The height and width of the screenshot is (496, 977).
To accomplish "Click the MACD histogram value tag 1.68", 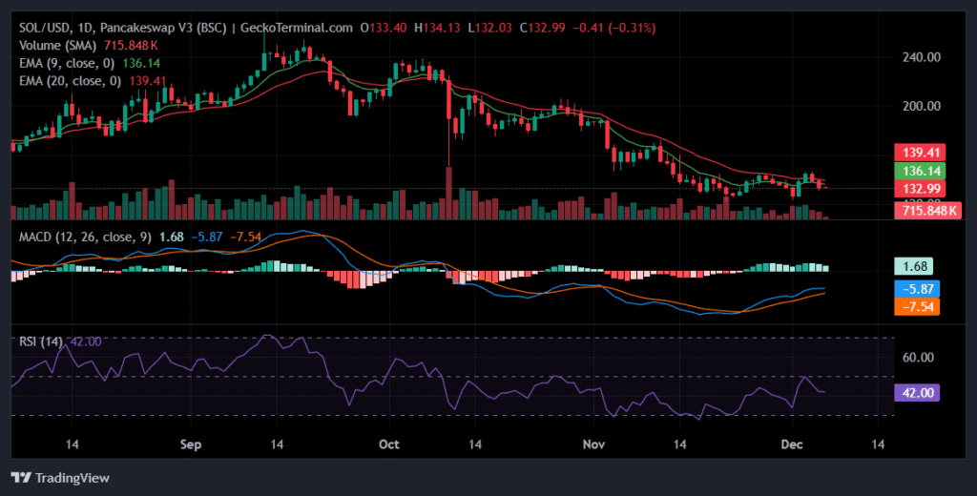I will coord(912,267).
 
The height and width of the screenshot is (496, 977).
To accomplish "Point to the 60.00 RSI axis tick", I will coord(917,358).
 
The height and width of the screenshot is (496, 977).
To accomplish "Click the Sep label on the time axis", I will coord(191,444).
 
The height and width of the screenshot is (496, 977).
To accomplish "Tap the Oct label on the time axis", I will coord(388,444).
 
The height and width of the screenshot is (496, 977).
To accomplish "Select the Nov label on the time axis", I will coord(594,444).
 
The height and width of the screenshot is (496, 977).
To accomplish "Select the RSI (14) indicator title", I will coord(42,341).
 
